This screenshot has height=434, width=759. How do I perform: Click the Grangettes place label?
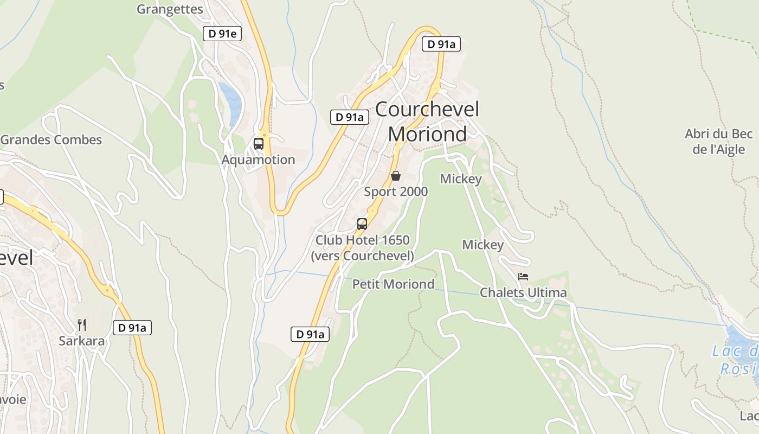[x=170, y=9]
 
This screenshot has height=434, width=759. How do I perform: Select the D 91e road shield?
[x=222, y=34]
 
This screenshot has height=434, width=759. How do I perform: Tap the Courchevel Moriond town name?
[x=427, y=122]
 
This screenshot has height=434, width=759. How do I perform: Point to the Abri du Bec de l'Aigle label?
[x=719, y=142]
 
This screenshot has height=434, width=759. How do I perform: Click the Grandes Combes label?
[x=51, y=139]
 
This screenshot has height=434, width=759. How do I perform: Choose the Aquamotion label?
[x=258, y=159]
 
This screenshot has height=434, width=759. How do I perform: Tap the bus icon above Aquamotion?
[x=259, y=144]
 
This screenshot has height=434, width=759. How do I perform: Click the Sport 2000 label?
[x=396, y=192]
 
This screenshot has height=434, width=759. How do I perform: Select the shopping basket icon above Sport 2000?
[x=396, y=176]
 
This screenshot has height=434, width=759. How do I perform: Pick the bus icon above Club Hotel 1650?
[x=362, y=224]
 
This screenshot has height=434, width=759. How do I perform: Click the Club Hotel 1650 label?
[x=362, y=247]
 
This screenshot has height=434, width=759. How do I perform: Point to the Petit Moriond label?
[x=394, y=284]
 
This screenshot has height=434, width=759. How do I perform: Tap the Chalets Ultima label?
[x=523, y=293]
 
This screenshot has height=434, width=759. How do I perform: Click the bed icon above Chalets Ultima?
[x=523, y=277]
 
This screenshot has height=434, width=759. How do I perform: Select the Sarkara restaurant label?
[x=82, y=341]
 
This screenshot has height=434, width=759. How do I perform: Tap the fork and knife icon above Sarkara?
[x=82, y=325]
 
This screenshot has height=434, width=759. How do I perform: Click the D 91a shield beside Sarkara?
[x=132, y=328]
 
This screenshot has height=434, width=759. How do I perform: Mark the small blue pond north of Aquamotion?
[x=232, y=103]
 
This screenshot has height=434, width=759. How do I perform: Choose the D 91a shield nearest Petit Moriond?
[x=310, y=334]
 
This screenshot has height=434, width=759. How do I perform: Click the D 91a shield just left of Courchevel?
[x=350, y=117]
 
